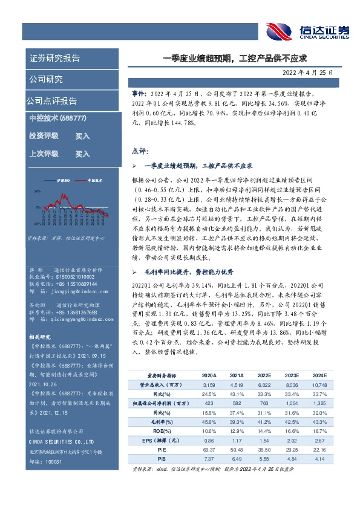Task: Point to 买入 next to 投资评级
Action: (x=82, y=137)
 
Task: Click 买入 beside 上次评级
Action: (x=82, y=154)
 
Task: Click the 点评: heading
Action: (x=140, y=151)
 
